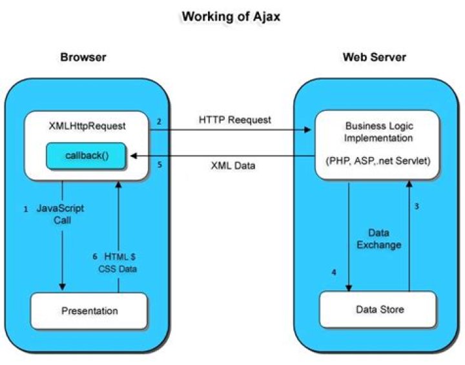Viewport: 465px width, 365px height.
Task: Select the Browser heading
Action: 83,57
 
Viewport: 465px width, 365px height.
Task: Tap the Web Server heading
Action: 374,57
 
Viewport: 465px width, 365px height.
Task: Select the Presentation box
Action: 90,311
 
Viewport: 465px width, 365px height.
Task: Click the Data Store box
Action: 380,309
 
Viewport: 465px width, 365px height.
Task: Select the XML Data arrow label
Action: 234,165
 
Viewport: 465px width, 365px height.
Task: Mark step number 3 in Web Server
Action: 417,207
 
